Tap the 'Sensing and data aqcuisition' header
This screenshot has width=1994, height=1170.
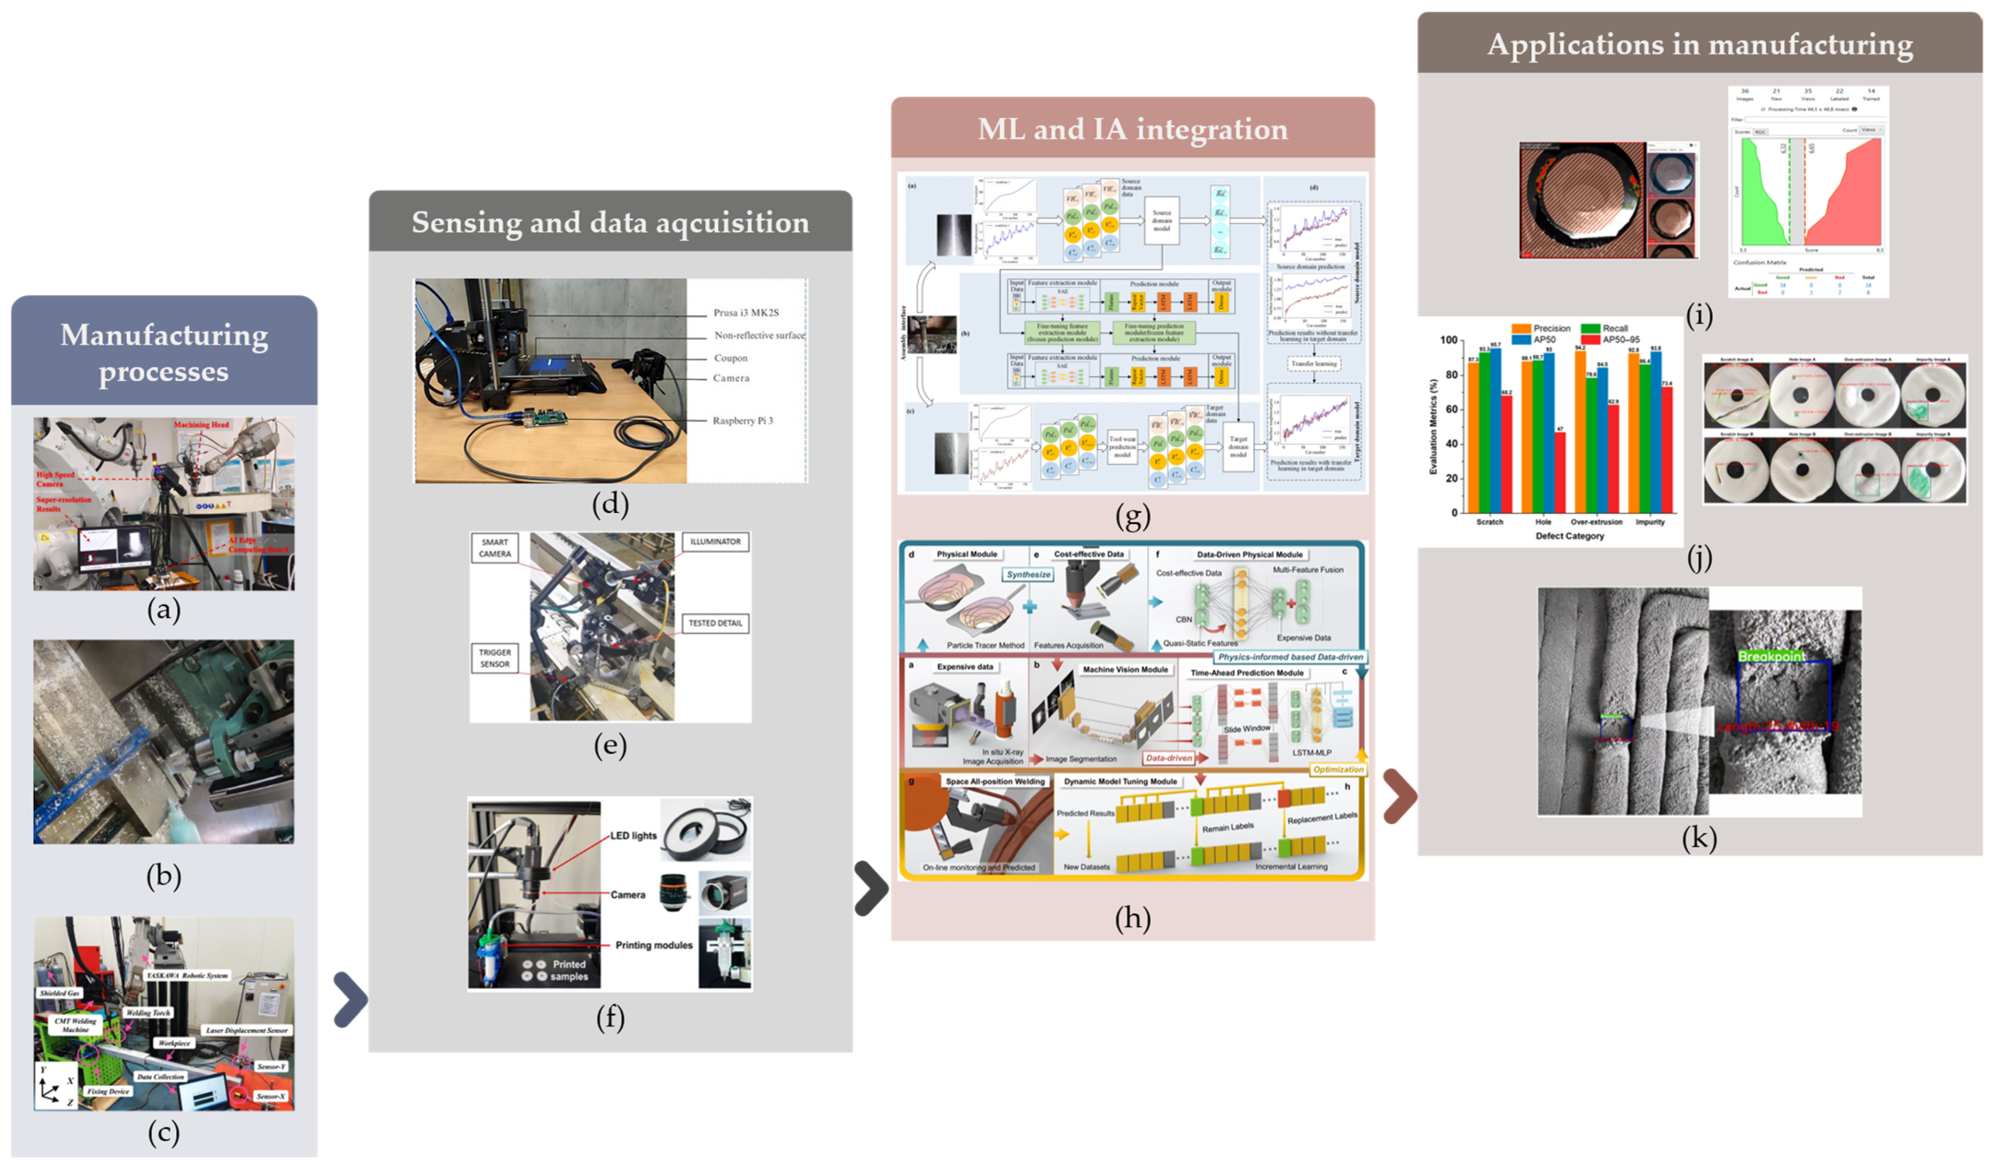click(610, 222)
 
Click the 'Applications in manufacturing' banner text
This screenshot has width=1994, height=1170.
click(1700, 44)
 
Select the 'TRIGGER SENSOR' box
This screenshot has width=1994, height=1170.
click(494, 658)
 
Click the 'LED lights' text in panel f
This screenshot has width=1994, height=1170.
click(633, 836)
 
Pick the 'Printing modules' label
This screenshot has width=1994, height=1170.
click(654, 945)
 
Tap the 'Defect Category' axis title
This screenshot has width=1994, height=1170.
click(1569, 536)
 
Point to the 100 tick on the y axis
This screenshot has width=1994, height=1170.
click(1448, 340)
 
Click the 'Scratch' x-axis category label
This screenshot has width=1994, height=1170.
click(1489, 522)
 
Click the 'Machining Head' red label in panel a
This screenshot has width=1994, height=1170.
click(201, 425)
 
